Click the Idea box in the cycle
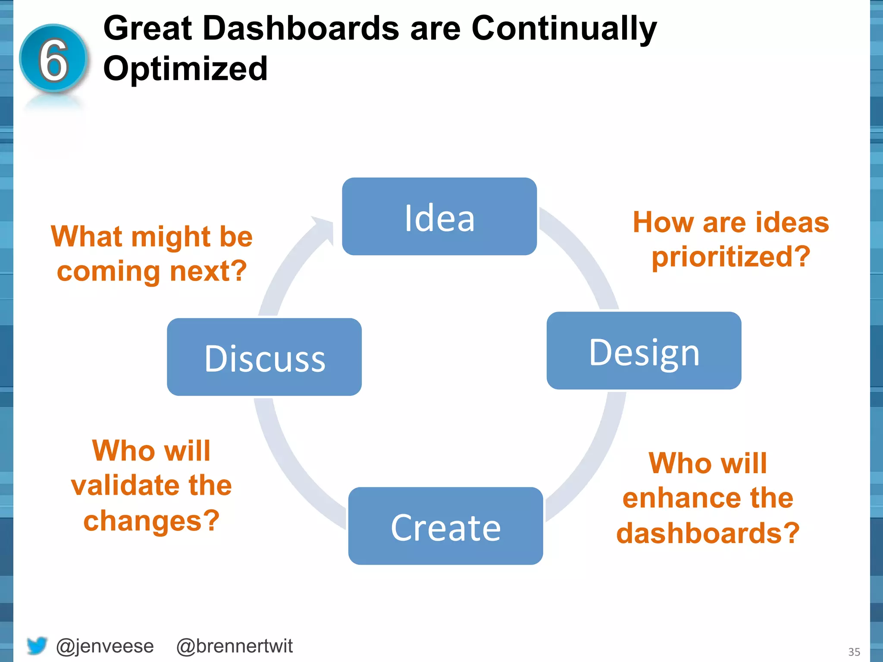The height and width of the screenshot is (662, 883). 439,216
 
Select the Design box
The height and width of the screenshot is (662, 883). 644,351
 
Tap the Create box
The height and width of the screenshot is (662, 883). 445,526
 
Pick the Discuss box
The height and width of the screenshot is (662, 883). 264,357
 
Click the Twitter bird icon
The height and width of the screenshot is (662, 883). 37,645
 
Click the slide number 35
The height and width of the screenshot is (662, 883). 854,652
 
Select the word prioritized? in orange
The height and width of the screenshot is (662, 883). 731,257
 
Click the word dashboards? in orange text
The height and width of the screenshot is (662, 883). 708,533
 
